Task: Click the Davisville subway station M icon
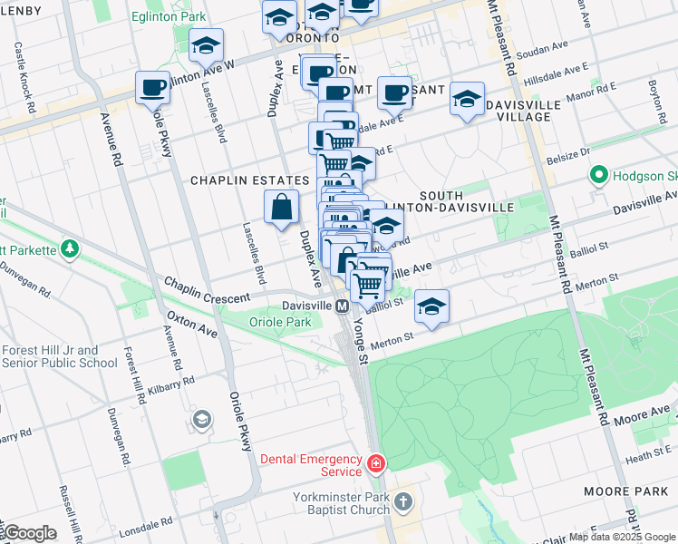tap(343, 306)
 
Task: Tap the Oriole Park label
tap(282, 322)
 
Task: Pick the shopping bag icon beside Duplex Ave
tap(282, 208)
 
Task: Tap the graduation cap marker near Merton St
tap(432, 307)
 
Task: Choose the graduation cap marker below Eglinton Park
tap(207, 45)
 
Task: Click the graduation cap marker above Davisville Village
tap(467, 100)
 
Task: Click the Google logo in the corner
tap(29, 533)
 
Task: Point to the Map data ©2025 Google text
tap(621, 537)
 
